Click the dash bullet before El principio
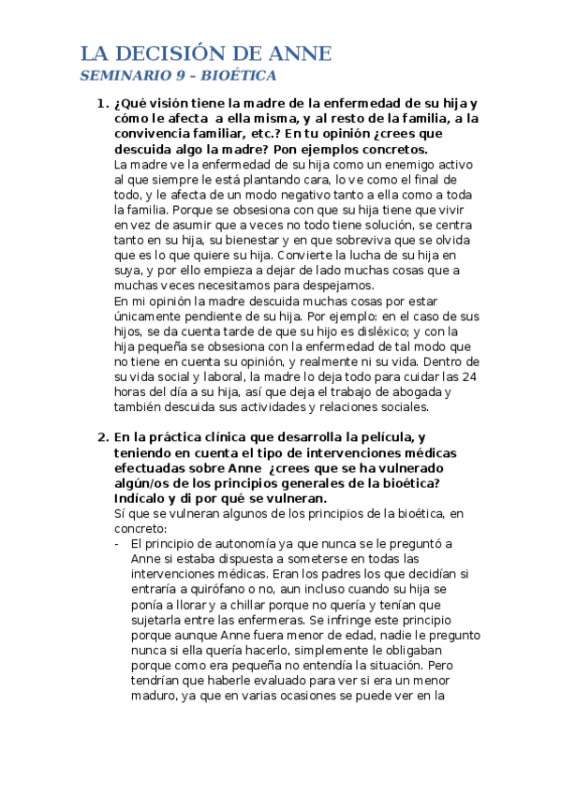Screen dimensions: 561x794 116,544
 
